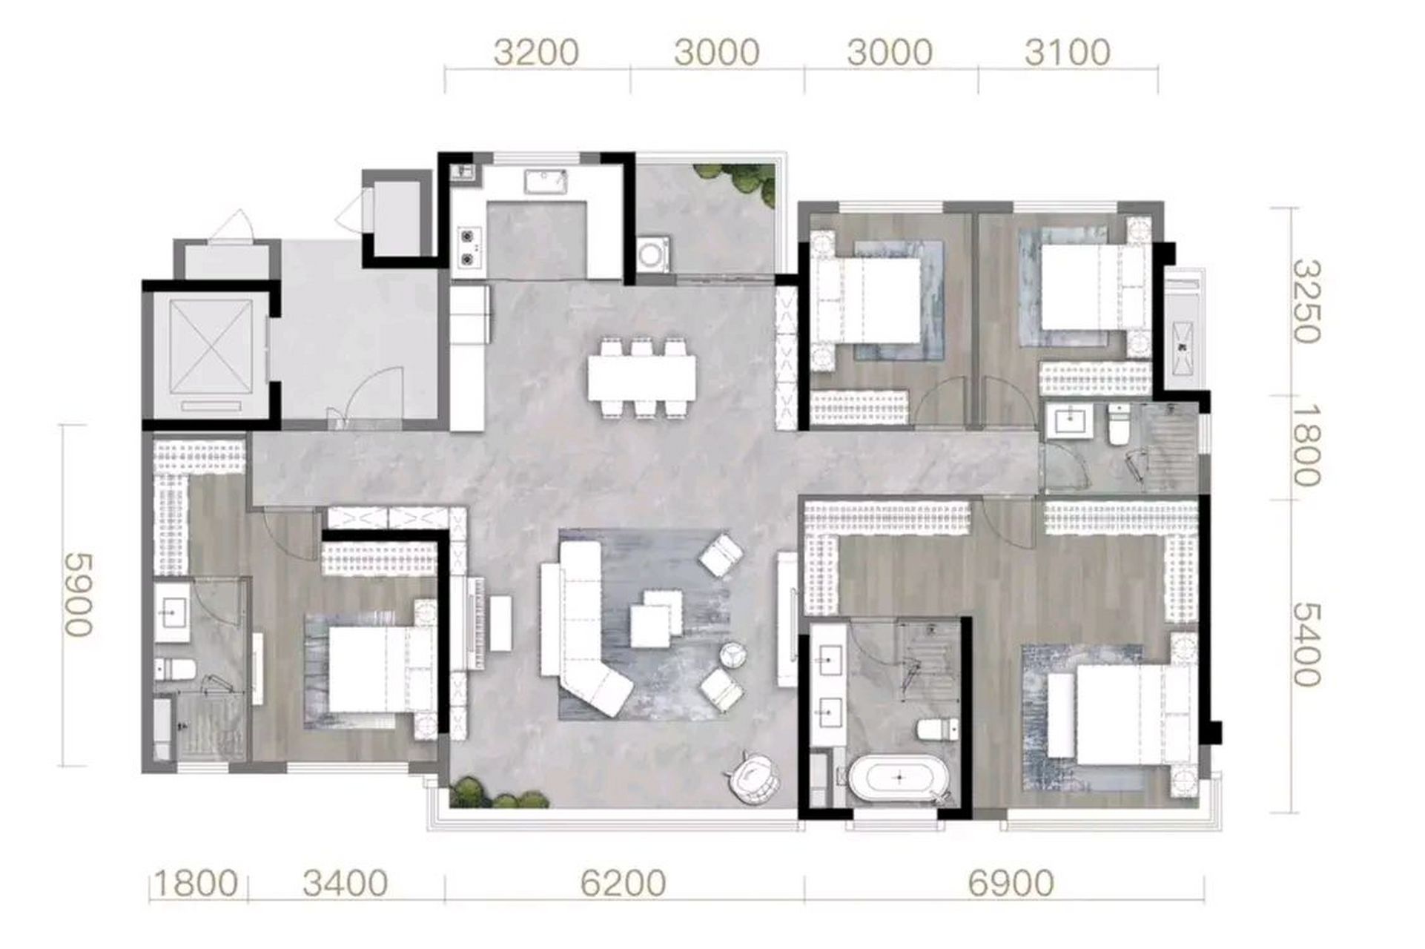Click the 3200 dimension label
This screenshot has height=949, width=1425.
(x=536, y=53)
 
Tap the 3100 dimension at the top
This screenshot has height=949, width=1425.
(x=1068, y=53)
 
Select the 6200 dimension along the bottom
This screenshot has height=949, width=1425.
(x=623, y=884)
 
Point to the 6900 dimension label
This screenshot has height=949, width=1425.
(x=1011, y=884)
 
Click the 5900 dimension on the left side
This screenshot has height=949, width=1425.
(x=79, y=595)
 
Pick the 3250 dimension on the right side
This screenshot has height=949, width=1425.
(x=1306, y=302)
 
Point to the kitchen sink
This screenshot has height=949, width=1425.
(x=546, y=181)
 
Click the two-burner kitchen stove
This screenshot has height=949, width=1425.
(x=468, y=247)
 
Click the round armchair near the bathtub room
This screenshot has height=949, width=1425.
(x=753, y=775)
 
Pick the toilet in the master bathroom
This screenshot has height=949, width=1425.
(x=933, y=730)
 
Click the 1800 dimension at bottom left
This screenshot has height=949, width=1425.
(x=196, y=884)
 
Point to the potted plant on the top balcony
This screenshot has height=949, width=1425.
(x=737, y=180)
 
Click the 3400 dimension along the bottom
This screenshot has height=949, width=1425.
(x=345, y=884)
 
